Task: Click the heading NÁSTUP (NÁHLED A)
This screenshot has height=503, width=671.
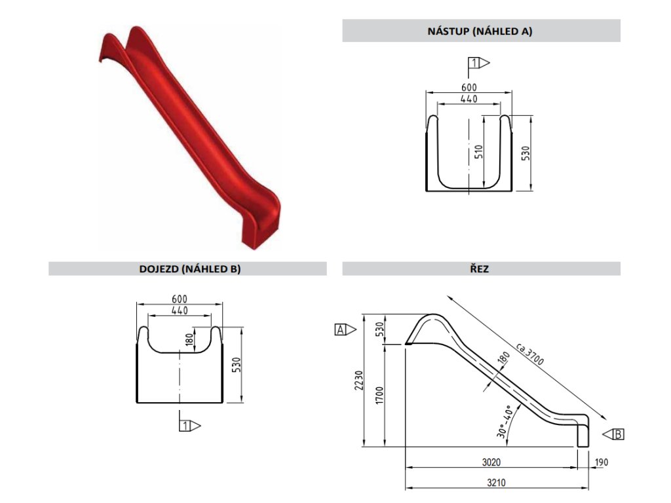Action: [x=481, y=31]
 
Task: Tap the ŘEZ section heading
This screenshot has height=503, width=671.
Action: [x=481, y=269]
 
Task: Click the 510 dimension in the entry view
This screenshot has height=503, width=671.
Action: [x=479, y=152]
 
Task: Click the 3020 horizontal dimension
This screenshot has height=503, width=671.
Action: [x=491, y=462]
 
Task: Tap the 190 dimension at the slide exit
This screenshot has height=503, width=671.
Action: [x=602, y=462]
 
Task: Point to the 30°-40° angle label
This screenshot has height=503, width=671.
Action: [x=504, y=422]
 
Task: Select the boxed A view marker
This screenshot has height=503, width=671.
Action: [x=341, y=329]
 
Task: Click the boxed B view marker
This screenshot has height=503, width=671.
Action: [x=619, y=434]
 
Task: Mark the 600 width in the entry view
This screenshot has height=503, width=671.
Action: [x=469, y=87]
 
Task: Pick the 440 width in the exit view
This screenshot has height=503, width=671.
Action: [x=178, y=310]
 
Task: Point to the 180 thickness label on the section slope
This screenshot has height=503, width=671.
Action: [x=503, y=358]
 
